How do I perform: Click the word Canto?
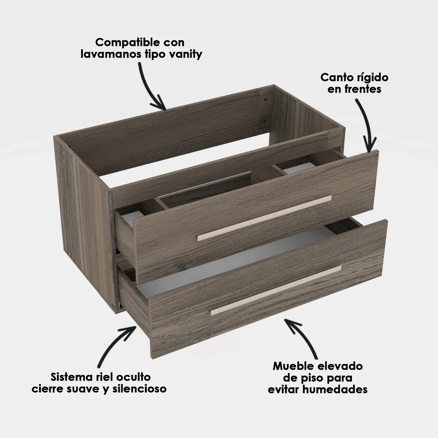coord(335,77)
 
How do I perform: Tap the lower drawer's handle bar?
coord(276,291)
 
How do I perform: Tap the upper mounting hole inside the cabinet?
coord(265,100)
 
